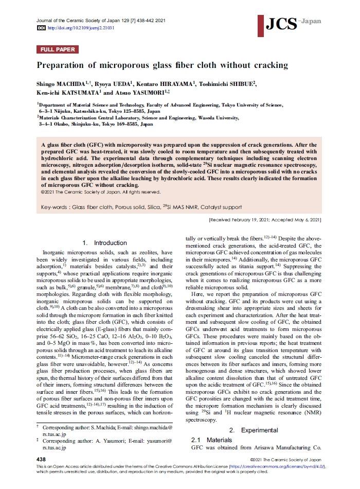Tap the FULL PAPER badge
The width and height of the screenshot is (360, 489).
(x=58, y=50)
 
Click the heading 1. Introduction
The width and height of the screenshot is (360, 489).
(x=104, y=243)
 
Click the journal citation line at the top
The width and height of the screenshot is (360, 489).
(x=101, y=20)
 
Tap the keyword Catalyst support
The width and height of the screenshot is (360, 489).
(x=223, y=207)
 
